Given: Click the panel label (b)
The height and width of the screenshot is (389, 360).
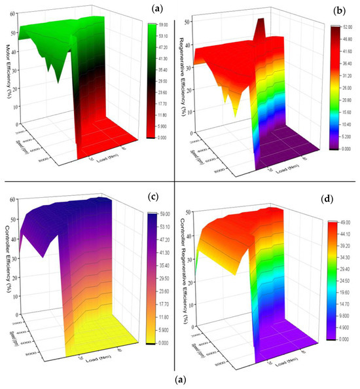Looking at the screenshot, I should pyautogui.click(x=339, y=10).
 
